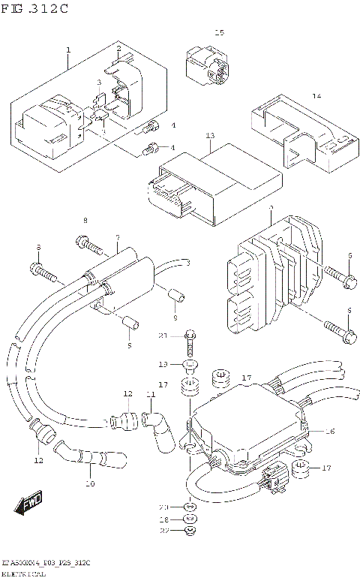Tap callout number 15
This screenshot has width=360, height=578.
(219, 33)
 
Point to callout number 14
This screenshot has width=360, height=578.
(316, 97)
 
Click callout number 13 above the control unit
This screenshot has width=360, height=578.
(210, 136)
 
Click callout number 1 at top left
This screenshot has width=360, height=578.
(68, 50)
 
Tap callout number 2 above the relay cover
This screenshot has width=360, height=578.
(118, 49)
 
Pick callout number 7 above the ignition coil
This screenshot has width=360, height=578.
(117, 238)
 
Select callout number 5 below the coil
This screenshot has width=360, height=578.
(128, 345)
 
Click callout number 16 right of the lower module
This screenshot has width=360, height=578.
(329, 432)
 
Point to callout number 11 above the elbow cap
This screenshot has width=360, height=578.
(151, 394)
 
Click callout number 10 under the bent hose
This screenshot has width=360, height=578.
(90, 484)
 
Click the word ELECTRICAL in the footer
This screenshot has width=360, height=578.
(23, 573)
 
